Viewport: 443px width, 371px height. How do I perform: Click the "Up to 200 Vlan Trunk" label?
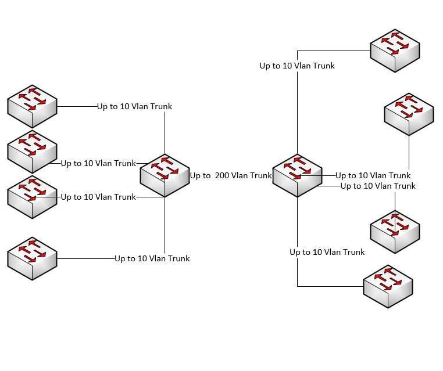[231, 175]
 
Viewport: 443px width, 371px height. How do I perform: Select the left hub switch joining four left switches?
[165, 174]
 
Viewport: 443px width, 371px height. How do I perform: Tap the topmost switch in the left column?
[32, 105]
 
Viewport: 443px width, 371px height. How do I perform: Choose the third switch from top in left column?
[32, 196]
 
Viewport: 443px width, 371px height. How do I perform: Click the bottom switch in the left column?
[32, 257]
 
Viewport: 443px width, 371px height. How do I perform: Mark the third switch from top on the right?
[395, 230]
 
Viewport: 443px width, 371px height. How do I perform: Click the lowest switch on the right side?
[388, 285]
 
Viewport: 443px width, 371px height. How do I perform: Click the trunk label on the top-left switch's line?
[134, 107]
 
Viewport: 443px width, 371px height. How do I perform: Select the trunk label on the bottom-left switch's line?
[152, 258]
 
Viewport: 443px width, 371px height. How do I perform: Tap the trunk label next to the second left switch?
[98, 163]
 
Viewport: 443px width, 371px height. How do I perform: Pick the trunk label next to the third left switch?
[98, 197]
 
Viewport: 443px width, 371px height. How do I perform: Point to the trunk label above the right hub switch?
[297, 66]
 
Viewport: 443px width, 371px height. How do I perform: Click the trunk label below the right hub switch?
[327, 252]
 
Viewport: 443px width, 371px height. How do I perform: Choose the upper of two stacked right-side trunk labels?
[373, 175]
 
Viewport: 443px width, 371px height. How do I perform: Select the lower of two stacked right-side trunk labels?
[378, 186]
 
